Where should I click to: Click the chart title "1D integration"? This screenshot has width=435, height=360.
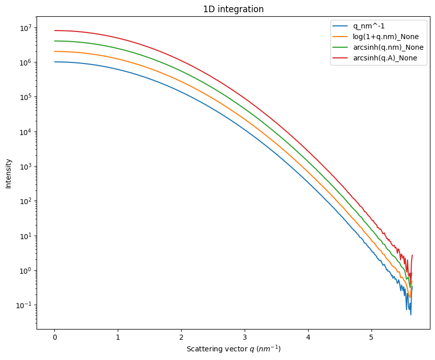233,9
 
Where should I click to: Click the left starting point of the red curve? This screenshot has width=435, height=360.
55,30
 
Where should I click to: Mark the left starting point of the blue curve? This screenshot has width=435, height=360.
55,62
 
